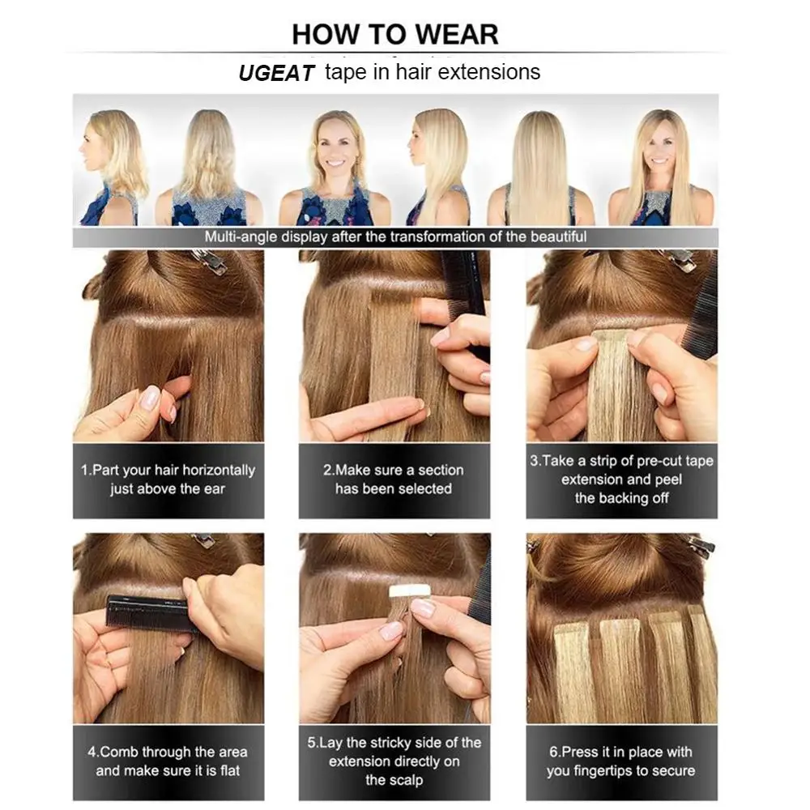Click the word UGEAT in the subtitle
275,74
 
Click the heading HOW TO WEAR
395,34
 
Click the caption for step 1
168,480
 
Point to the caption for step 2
394,480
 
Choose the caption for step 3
621,480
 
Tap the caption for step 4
168,761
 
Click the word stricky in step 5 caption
420,743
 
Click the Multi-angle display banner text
395,237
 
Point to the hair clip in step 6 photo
698,545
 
